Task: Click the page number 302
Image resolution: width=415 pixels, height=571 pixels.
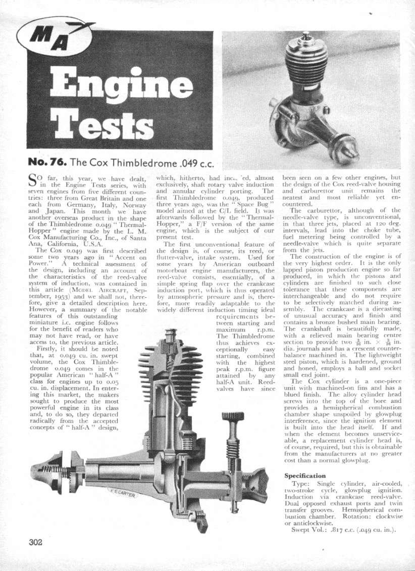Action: point(35,542)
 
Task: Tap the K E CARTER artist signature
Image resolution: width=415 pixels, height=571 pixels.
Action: point(121,493)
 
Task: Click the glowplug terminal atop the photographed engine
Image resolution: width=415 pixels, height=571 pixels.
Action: point(306,36)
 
